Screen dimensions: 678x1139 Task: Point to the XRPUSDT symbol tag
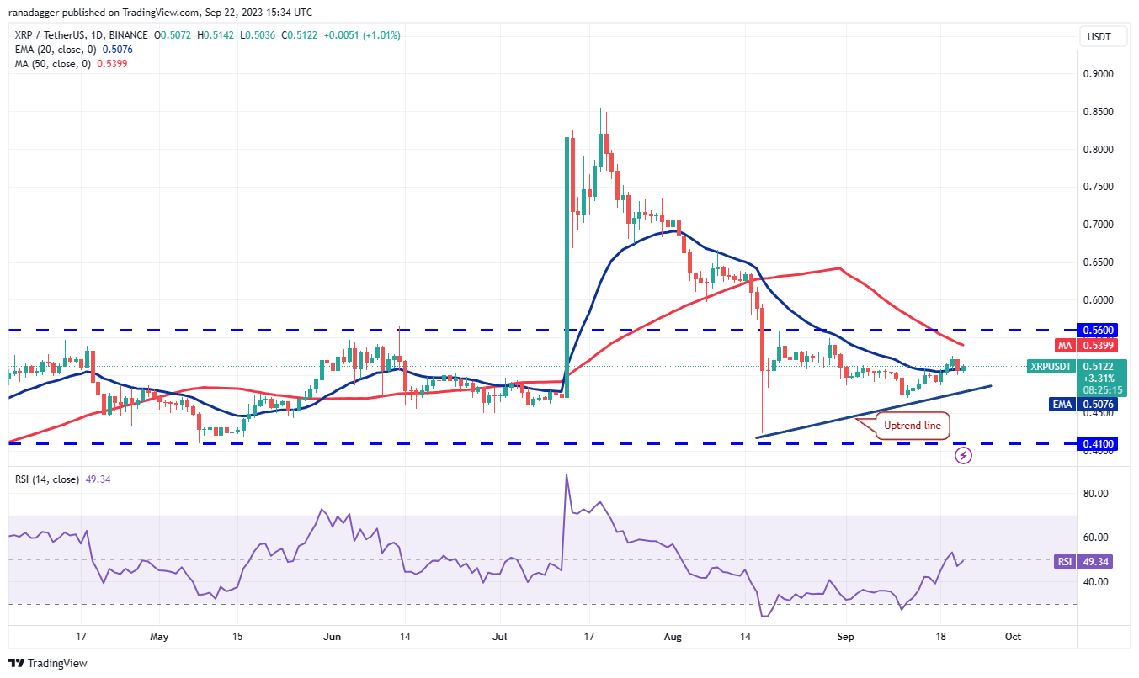pyautogui.click(x=1051, y=367)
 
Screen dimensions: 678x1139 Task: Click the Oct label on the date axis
pyautogui.click(x=1013, y=637)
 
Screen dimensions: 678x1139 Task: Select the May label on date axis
pyautogui.click(x=159, y=637)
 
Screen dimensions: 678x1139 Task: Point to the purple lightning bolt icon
pyautogui.click(x=964, y=455)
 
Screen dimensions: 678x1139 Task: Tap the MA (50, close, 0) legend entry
pyautogui.click(x=51, y=64)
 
